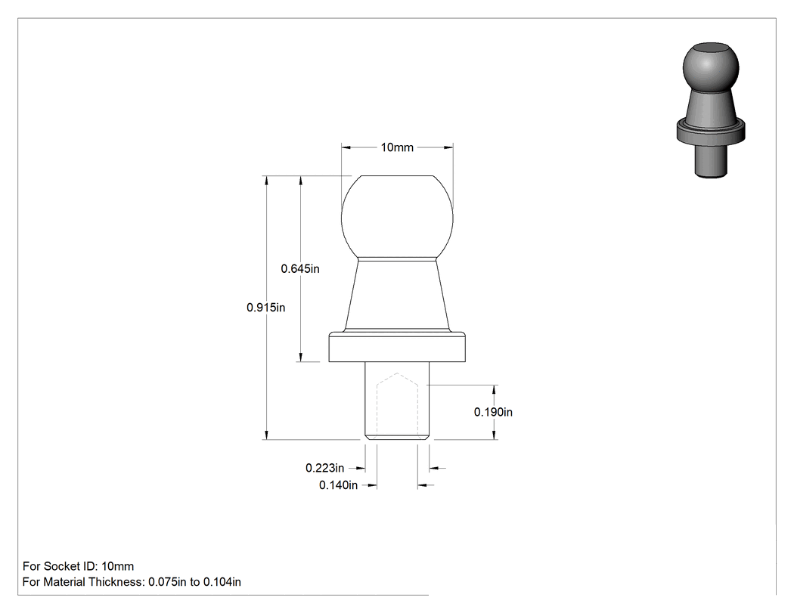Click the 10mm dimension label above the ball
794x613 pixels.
pyautogui.click(x=397, y=147)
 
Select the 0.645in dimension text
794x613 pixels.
pyautogui.click(x=300, y=269)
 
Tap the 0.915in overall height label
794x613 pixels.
pyautogui.click(x=266, y=308)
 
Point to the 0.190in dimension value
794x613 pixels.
pyautogui.click(x=493, y=412)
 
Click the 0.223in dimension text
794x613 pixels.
pyautogui.click(x=324, y=468)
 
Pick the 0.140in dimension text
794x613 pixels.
pyautogui.click(x=338, y=485)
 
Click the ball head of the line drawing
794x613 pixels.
pyautogui.click(x=397, y=218)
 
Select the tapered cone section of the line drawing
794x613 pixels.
pyautogui.click(x=397, y=296)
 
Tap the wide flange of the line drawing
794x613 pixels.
pyautogui.click(x=397, y=347)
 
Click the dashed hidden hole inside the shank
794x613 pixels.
pyautogui.click(x=397, y=405)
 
